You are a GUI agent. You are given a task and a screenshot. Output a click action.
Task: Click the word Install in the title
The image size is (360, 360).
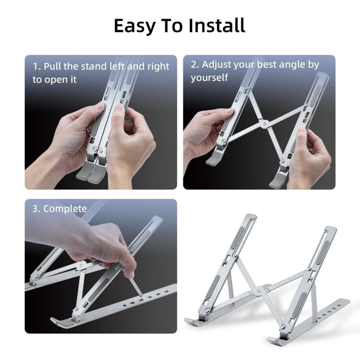click(x=217, y=25)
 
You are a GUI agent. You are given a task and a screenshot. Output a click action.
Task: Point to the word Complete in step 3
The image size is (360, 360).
click(x=65, y=209)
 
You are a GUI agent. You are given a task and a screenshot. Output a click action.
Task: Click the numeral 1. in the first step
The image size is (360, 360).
click(x=37, y=66)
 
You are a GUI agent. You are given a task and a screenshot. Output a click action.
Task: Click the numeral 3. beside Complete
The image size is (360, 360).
click(x=36, y=209)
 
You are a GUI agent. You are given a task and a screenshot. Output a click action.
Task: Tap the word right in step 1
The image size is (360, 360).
click(x=158, y=67)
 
